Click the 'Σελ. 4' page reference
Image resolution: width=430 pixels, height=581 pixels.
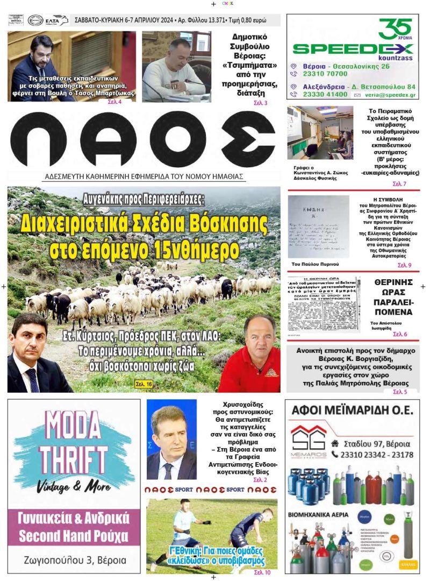114,102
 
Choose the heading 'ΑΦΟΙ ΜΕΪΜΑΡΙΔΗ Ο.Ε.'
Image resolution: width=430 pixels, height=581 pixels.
352,411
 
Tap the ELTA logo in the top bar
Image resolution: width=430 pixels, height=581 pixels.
57,20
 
